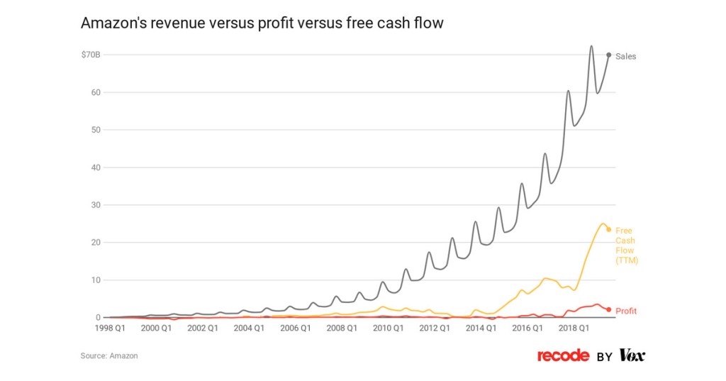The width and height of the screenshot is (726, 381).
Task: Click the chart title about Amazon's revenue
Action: pyautogui.click(x=262, y=23)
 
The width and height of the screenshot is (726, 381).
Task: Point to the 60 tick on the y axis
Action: pyautogui.click(x=96, y=92)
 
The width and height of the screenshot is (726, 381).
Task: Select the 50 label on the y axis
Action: pyautogui.click(x=96, y=130)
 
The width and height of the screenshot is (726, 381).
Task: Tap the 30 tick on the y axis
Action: pyautogui.click(x=96, y=205)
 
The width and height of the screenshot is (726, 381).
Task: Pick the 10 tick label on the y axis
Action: pyautogui.click(x=96, y=280)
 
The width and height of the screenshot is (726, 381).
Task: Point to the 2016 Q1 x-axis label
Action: pyautogui.click(x=527, y=328)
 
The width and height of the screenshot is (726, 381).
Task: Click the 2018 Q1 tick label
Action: pyautogui.click(x=574, y=328)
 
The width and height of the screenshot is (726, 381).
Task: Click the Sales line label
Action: pyautogui.click(x=625, y=56)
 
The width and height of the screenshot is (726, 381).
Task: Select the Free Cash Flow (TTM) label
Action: pyautogui.click(x=626, y=245)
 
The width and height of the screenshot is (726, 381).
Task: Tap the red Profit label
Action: pyautogui.click(x=626, y=311)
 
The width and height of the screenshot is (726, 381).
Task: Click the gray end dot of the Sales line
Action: pyautogui.click(x=608, y=55)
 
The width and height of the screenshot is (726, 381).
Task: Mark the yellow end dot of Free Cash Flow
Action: pyautogui.click(x=608, y=229)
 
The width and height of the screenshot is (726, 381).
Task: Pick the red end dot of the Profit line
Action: pyautogui.click(x=608, y=309)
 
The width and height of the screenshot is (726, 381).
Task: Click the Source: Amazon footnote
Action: pyautogui.click(x=109, y=355)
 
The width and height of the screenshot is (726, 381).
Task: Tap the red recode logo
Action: pyautogui.click(x=563, y=355)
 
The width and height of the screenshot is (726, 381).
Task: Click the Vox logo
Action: pyautogui.click(x=632, y=355)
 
